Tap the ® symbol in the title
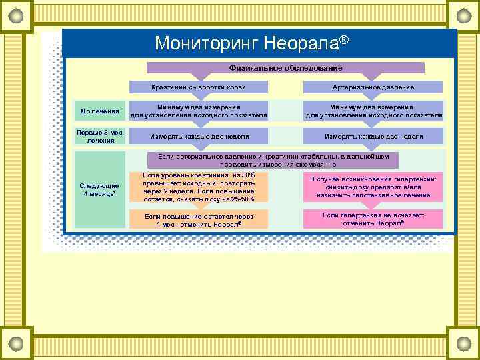344,41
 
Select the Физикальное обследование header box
285,67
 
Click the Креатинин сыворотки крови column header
199,87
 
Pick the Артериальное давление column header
373,87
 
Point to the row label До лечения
100,111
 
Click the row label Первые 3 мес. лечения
100,137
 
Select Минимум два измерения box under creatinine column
199,111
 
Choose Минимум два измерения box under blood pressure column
373,111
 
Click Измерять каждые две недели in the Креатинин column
199,137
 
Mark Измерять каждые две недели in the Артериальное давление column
373,137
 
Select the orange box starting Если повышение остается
199,220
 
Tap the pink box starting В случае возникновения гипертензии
373,187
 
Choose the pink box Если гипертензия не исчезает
373,219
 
